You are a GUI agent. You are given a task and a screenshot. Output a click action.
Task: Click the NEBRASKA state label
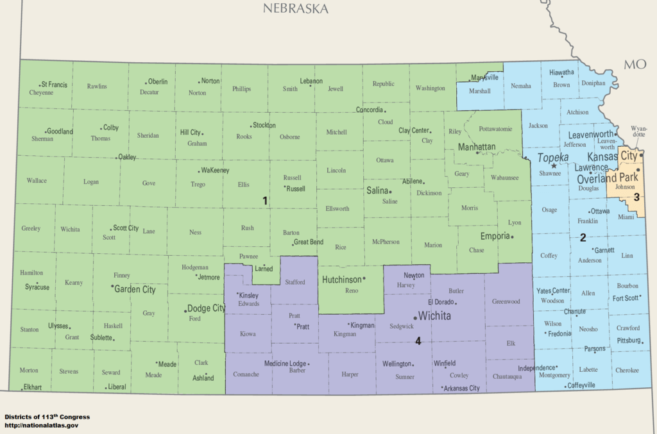pos(295,8)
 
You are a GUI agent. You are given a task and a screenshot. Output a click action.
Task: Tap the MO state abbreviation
pos(635,64)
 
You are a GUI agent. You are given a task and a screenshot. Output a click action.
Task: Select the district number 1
pos(264,201)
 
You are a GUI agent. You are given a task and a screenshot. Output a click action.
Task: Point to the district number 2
pos(583,237)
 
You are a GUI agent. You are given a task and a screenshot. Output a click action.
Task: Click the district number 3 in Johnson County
pos(636,197)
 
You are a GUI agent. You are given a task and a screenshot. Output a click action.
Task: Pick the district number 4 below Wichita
pos(418,341)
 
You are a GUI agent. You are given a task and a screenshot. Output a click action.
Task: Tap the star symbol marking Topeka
pos(554,166)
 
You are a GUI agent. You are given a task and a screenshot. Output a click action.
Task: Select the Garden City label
pos(135,289)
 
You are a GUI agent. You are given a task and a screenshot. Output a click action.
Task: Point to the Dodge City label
pos(206,308)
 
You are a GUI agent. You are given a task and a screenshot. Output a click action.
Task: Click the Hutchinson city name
pos(341,280)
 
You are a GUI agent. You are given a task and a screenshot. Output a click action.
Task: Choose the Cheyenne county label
pos(41,92)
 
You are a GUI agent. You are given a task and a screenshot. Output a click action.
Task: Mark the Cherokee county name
pos(626,370)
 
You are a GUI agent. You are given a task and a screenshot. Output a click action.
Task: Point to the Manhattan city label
pos(476,147)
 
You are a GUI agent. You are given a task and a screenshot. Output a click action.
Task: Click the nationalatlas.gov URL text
pos(42,425)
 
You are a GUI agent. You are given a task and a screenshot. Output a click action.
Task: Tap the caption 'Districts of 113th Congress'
pos(47,417)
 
